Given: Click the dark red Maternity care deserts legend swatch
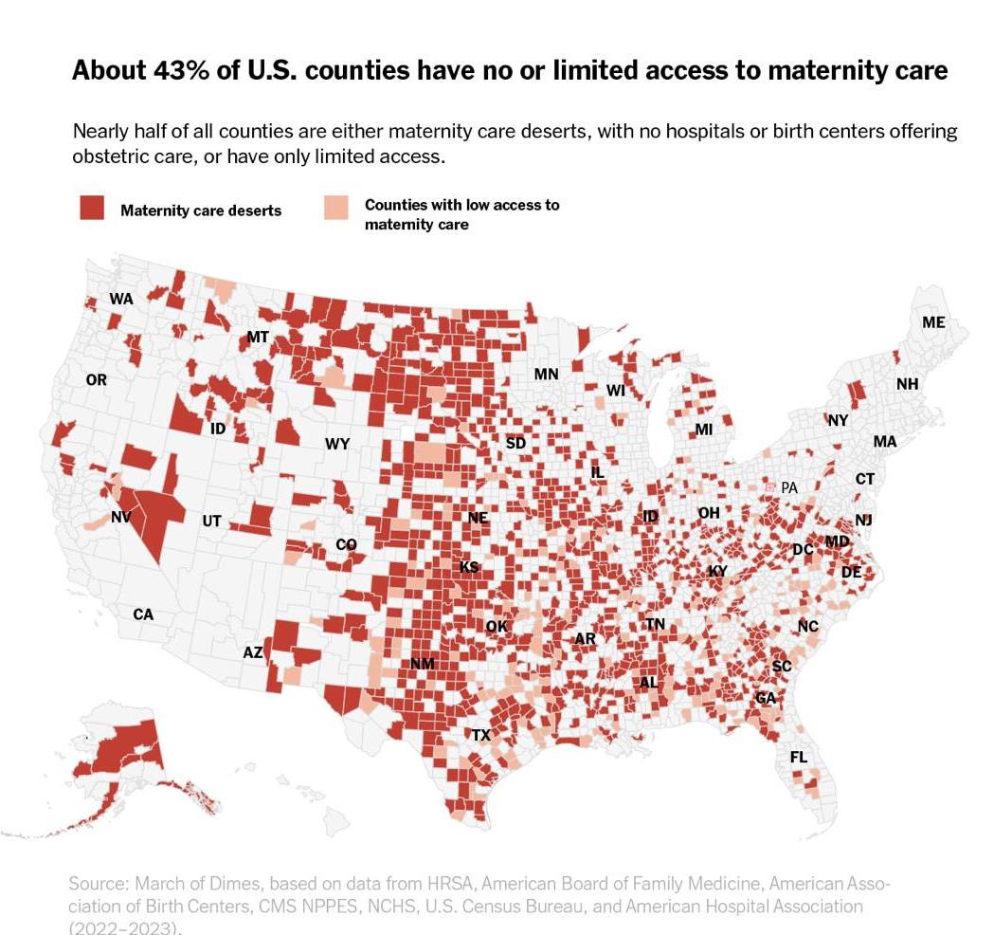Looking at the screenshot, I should coord(91,209).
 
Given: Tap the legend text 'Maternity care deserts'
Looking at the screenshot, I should coord(201,211).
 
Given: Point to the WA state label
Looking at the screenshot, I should coord(121,299).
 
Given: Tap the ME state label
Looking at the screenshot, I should coord(933,322).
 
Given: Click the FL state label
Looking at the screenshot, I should coord(799,758).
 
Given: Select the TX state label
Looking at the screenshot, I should coord(481,735).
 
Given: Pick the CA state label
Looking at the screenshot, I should coord(143,614).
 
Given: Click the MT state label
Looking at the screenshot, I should coord(258,337).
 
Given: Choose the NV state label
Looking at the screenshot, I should coord(121,518).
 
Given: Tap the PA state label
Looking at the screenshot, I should coord(788,487).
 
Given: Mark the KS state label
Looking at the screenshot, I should coord(469,567).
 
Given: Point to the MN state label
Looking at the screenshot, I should coord(546,374).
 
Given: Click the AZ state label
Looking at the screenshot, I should coord(253,652).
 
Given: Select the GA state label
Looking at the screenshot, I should coord(766,698).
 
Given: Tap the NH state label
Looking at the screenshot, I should coord(908,384).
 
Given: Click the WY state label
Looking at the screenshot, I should coord(337,443).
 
